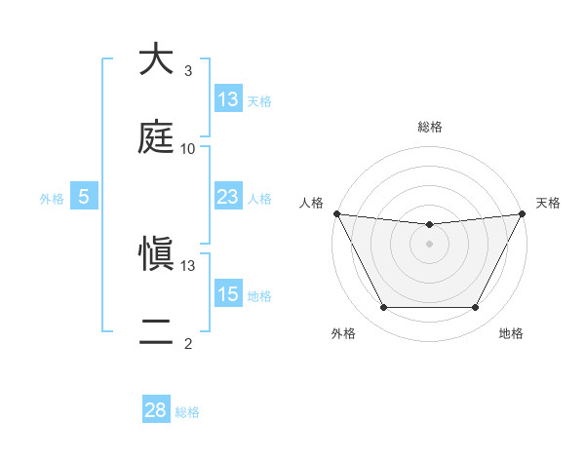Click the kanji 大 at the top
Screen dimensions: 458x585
pyautogui.click(x=155, y=59)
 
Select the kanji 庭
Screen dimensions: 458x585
pyautogui.click(x=155, y=137)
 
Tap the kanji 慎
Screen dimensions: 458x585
pyautogui.click(x=155, y=254)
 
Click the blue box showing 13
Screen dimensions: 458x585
pyautogui.click(x=228, y=98)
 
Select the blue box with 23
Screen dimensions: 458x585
pyautogui.click(x=228, y=197)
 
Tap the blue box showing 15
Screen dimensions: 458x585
pyautogui.click(x=228, y=293)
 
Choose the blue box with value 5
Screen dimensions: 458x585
pyautogui.click(x=84, y=197)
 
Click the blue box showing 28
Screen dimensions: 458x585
pyautogui.click(x=156, y=409)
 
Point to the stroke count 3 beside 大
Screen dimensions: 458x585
pyautogui.click(x=188, y=71)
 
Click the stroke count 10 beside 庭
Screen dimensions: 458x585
pyautogui.click(x=188, y=149)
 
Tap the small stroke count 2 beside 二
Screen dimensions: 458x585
pyautogui.click(x=188, y=344)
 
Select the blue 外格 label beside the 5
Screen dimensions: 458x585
pyautogui.click(x=52, y=198)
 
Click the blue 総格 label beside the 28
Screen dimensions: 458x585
pyautogui.click(x=187, y=412)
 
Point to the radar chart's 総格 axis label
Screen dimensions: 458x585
pyautogui.click(x=429, y=127)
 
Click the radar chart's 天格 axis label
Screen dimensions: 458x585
pyautogui.click(x=548, y=203)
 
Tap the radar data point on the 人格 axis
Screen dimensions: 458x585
pyautogui.click(x=337, y=213)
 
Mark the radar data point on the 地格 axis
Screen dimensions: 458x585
pyautogui.click(x=475, y=308)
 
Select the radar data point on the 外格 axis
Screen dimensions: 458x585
pyautogui.click(x=383, y=308)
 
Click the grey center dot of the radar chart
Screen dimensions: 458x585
pyautogui.click(x=429, y=244)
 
